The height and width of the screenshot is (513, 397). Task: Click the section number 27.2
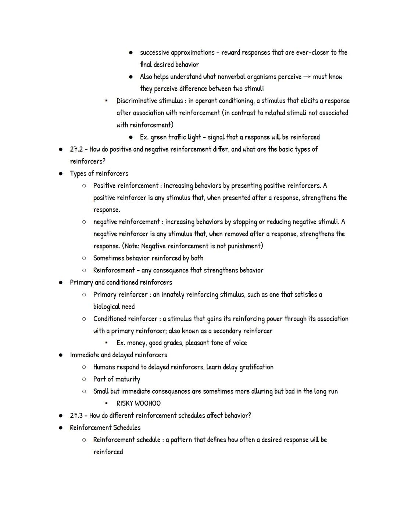point(76,149)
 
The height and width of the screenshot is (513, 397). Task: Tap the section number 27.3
point(76,416)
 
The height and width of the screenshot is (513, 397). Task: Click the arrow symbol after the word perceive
point(307,77)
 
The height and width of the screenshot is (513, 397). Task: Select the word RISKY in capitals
point(125,404)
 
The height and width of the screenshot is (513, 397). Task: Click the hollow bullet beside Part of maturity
point(84,379)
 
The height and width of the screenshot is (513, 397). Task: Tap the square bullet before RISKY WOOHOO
point(106,403)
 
